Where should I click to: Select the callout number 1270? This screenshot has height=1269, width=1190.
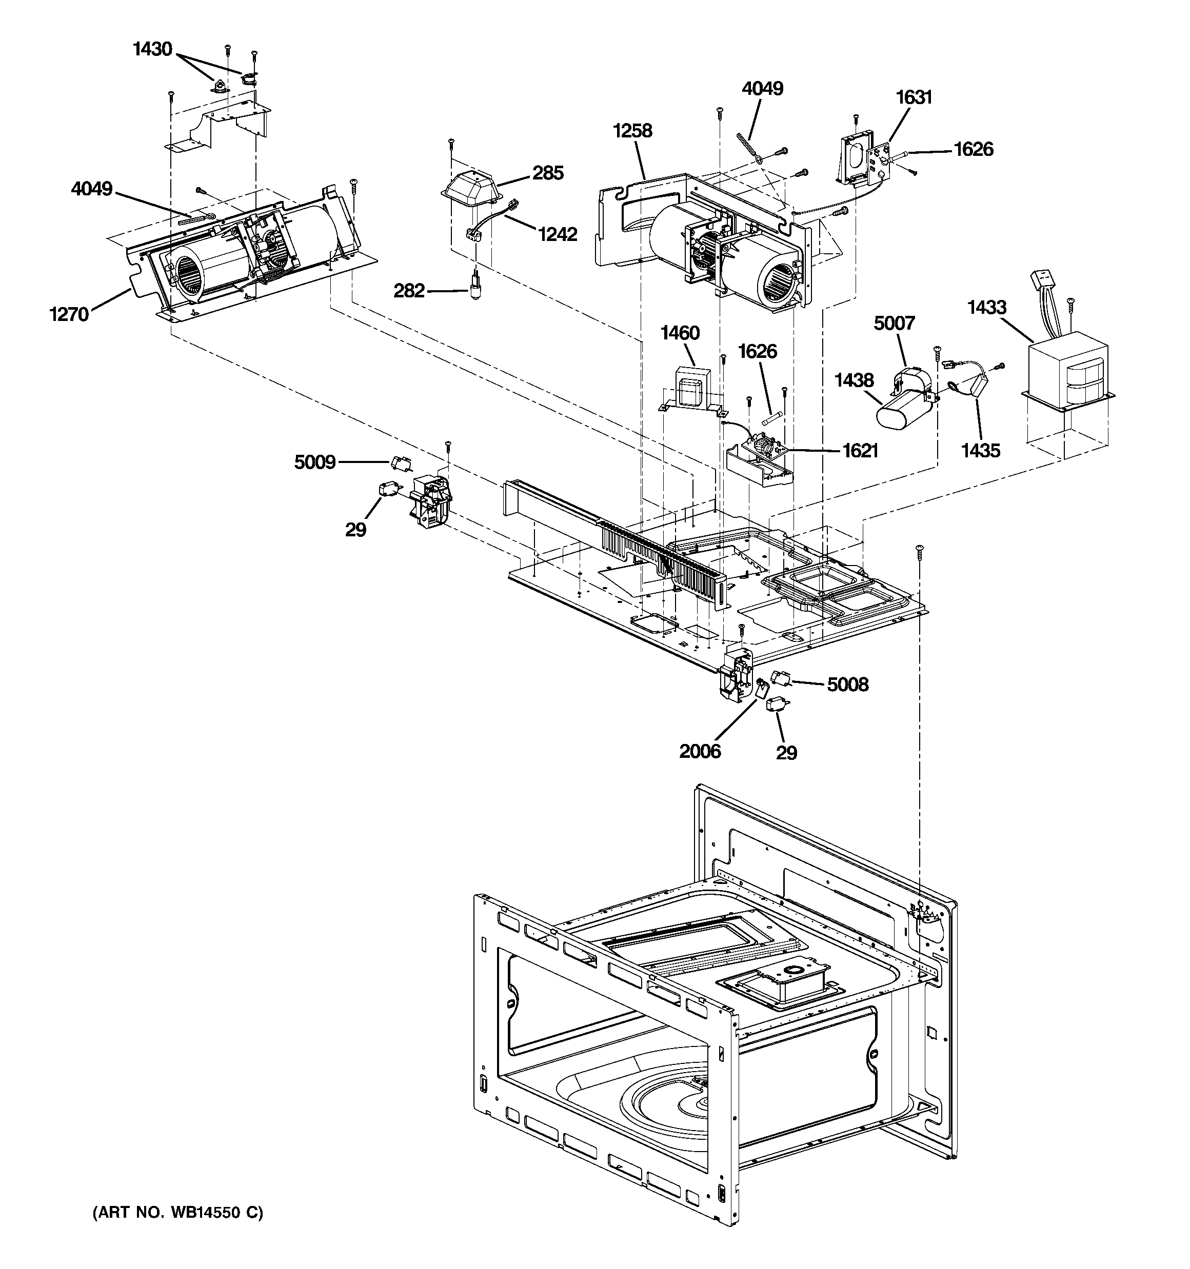click(x=69, y=314)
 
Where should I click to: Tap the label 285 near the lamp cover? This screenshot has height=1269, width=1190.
click(x=548, y=173)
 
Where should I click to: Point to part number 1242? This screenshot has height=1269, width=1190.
click(x=557, y=235)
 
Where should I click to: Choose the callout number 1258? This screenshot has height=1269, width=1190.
click(x=632, y=131)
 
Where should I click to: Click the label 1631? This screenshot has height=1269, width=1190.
click(x=914, y=97)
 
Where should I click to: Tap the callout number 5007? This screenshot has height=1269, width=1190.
click(x=894, y=324)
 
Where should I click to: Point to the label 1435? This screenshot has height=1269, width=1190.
click(x=981, y=451)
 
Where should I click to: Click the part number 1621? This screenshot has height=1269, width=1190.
click(x=860, y=451)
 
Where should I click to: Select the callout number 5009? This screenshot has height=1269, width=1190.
click(x=315, y=462)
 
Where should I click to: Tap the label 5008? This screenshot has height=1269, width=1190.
click(x=848, y=685)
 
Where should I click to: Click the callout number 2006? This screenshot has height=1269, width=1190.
click(x=700, y=751)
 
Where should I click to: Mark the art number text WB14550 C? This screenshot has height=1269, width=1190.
click(x=177, y=1212)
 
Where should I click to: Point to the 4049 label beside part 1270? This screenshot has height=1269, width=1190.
click(x=91, y=189)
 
